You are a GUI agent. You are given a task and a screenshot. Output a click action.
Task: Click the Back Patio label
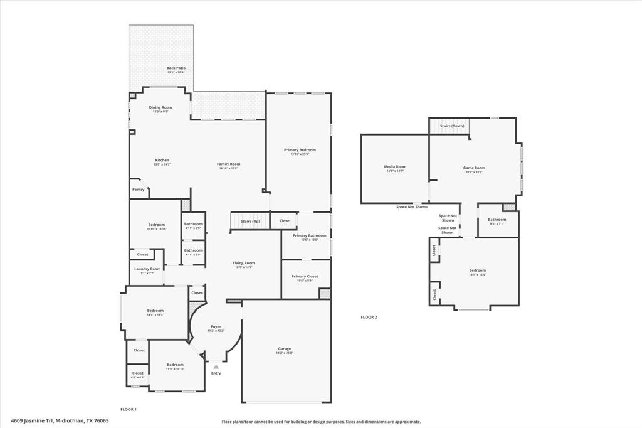tap(176, 68)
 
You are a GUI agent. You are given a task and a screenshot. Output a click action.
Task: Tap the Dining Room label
tap(160, 107)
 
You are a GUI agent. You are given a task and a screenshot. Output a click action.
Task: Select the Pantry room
tap(138, 189)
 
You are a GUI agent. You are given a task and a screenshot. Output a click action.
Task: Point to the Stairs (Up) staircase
tap(250, 221)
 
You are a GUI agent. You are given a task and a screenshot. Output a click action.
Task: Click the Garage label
tap(285, 349)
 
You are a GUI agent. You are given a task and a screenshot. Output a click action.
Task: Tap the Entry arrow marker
tap(216, 366)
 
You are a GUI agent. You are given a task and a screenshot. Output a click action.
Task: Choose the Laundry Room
tap(147, 270)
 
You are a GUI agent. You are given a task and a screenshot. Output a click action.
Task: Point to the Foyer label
tap(216, 326)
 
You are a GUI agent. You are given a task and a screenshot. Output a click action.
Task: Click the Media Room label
tap(395, 167)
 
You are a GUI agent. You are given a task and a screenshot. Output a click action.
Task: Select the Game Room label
tap(474, 168)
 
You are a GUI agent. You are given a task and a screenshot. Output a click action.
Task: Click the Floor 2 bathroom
tap(497, 222)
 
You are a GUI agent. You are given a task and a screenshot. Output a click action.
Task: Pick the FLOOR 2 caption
tap(369, 317)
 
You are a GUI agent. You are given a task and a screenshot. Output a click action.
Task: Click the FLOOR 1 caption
tap(128, 409)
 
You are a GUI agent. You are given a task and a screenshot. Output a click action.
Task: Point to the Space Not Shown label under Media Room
tap(412, 207)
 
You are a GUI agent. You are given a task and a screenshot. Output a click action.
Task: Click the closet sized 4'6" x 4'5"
tap(138, 375)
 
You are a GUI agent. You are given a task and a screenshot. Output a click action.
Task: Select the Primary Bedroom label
tap(300, 150)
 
